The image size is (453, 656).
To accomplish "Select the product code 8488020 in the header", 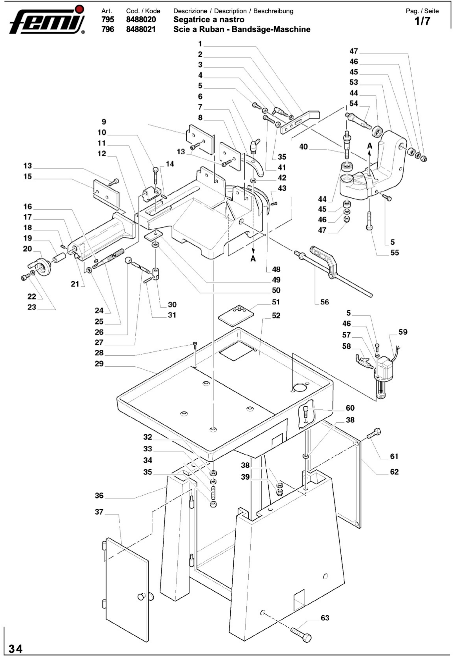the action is click(141, 20).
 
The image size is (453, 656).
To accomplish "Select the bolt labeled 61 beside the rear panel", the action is click(374, 433).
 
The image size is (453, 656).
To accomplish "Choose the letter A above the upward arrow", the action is click(370, 146).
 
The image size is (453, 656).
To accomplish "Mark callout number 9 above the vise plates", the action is click(104, 122).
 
